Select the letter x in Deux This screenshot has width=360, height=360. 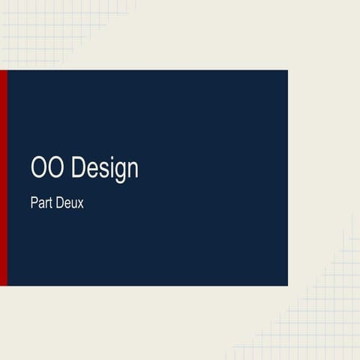(80, 203)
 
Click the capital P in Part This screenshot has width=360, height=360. (34, 202)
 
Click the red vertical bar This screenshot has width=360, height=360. (3, 178)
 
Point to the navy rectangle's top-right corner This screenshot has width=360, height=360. (287, 70)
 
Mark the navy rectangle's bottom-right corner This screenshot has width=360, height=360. (287, 285)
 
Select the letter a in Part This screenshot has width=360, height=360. (41, 203)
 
